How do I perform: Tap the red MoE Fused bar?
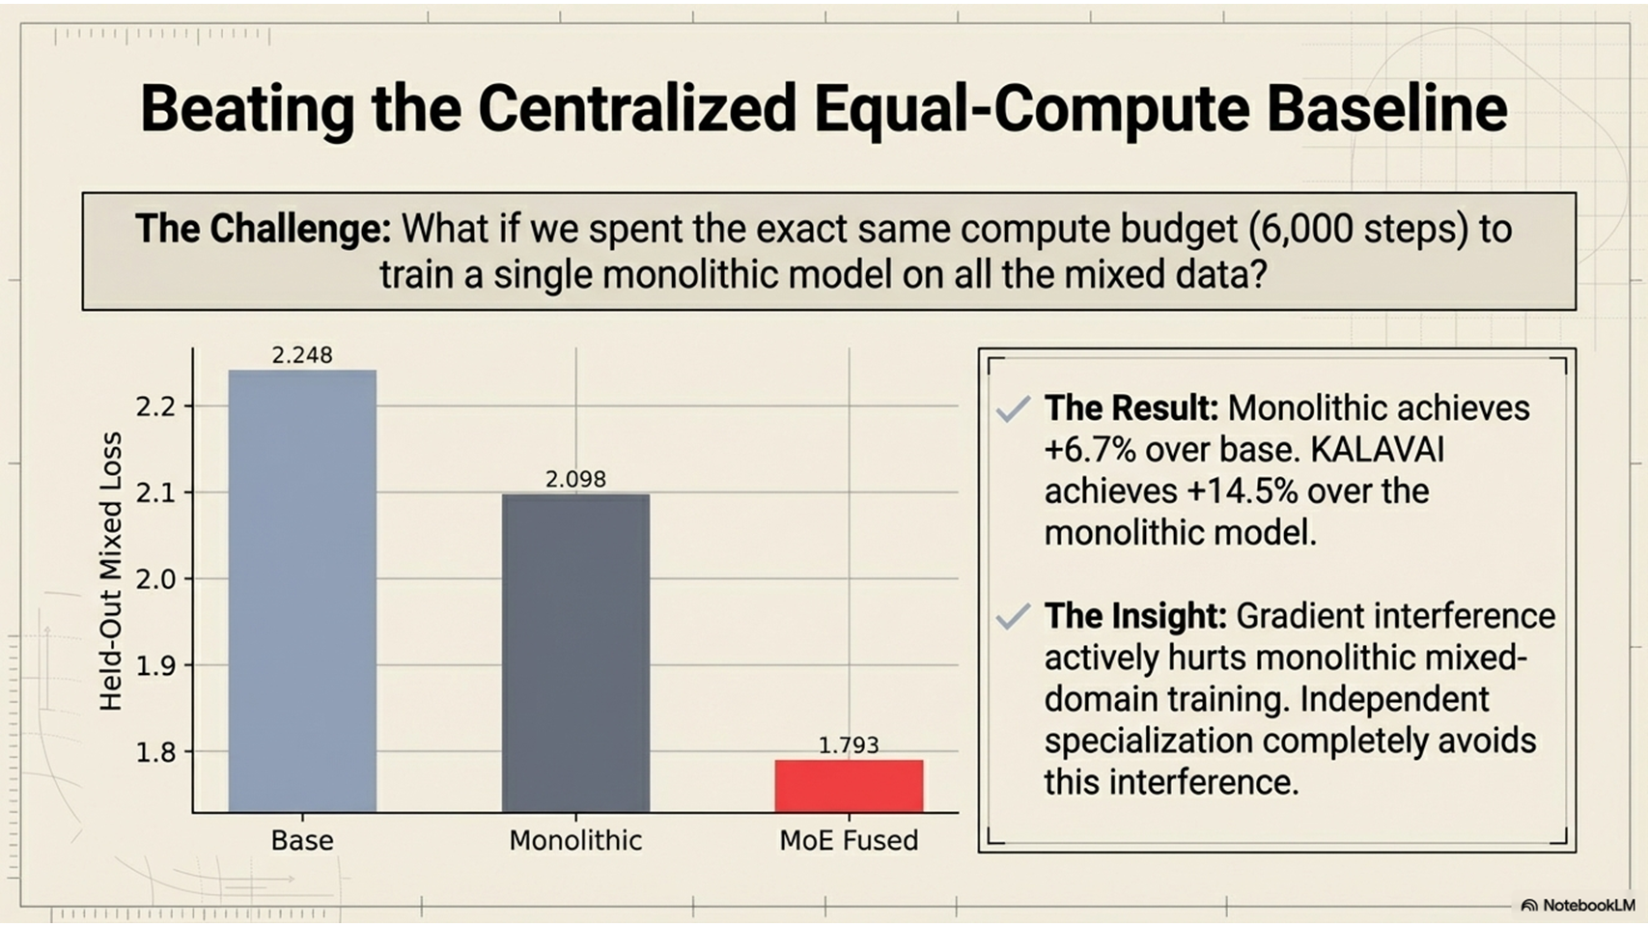pyautogui.click(x=849, y=785)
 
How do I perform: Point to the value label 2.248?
pyautogui.click(x=302, y=355)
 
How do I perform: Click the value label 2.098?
pyautogui.click(x=575, y=479)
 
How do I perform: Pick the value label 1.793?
pyautogui.click(x=849, y=745)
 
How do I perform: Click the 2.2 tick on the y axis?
pyautogui.click(x=155, y=407)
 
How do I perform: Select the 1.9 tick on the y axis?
pyautogui.click(x=155, y=666)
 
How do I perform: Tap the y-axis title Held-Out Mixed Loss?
pyautogui.click(x=111, y=572)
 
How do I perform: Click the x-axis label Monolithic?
pyautogui.click(x=575, y=840)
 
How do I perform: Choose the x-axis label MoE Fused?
pyautogui.click(x=849, y=840)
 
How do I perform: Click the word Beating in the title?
pyautogui.click(x=247, y=109)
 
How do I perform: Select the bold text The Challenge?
pyautogui.click(x=263, y=230)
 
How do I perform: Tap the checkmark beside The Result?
pyautogui.click(x=1013, y=409)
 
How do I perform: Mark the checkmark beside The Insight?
pyautogui.click(x=1013, y=616)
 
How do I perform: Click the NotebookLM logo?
pyautogui.click(x=1578, y=906)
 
